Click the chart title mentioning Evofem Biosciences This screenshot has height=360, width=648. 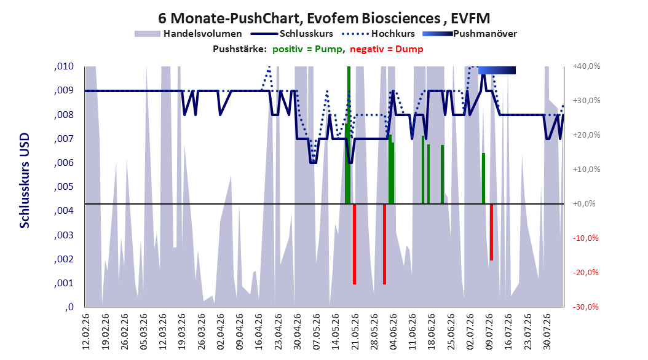(324, 18)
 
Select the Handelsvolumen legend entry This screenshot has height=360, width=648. (189, 34)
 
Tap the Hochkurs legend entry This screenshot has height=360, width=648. (379, 34)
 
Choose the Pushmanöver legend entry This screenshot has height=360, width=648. (470, 34)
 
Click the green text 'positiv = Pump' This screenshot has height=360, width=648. (307, 49)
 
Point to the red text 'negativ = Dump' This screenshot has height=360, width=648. (387, 49)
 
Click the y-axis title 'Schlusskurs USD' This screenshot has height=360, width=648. (25, 181)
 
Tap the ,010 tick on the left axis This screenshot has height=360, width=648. (64, 66)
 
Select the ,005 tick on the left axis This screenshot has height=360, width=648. (64, 187)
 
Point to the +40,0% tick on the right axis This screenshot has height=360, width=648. (587, 66)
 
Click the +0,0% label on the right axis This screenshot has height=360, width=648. (584, 203)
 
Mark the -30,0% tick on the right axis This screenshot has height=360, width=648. (585, 307)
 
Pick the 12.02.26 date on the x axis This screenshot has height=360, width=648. (86, 332)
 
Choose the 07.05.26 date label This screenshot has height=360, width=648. (317, 332)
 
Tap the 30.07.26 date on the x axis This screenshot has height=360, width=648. (547, 332)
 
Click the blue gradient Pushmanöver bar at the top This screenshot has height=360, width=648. (497, 70)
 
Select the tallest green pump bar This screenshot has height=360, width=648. (349, 135)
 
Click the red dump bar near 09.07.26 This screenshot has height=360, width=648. (491, 232)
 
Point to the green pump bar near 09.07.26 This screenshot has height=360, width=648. (483, 178)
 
